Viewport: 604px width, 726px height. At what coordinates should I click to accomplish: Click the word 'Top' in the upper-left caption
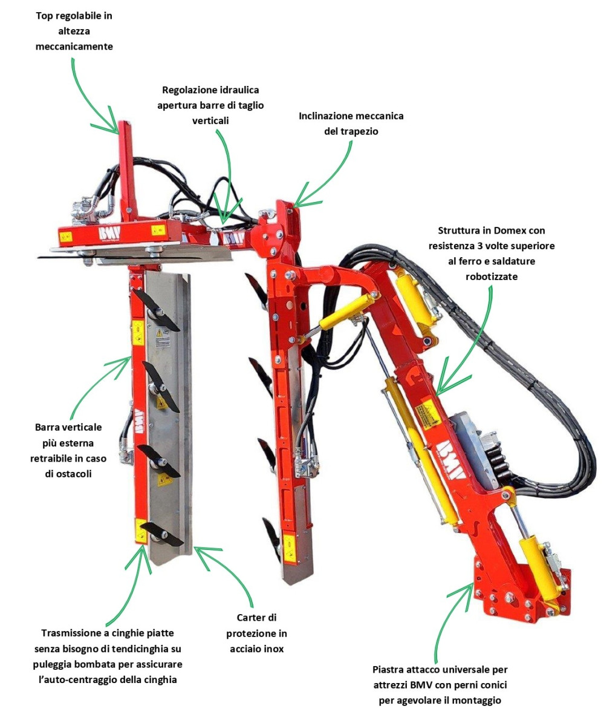tap(44, 16)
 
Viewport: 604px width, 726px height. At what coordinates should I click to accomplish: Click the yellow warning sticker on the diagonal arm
tap(429, 414)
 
